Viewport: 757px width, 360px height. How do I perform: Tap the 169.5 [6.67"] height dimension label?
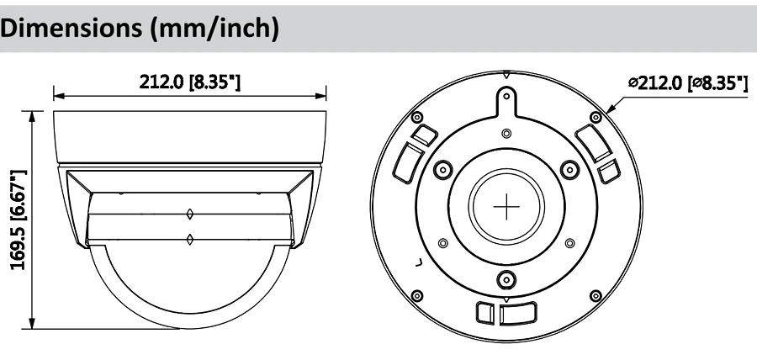[18, 220]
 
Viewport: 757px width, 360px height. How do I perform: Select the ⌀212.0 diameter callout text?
[688, 83]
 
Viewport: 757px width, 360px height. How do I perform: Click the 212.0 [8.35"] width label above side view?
[190, 82]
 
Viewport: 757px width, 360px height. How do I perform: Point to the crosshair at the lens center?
[506, 207]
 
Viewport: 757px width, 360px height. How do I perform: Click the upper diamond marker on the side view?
[190, 214]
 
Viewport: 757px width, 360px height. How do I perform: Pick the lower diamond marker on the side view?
[190, 239]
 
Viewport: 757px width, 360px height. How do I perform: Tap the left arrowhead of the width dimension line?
[59, 96]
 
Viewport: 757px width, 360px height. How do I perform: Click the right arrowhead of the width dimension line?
[320, 96]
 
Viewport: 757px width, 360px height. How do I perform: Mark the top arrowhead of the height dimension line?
[32, 117]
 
